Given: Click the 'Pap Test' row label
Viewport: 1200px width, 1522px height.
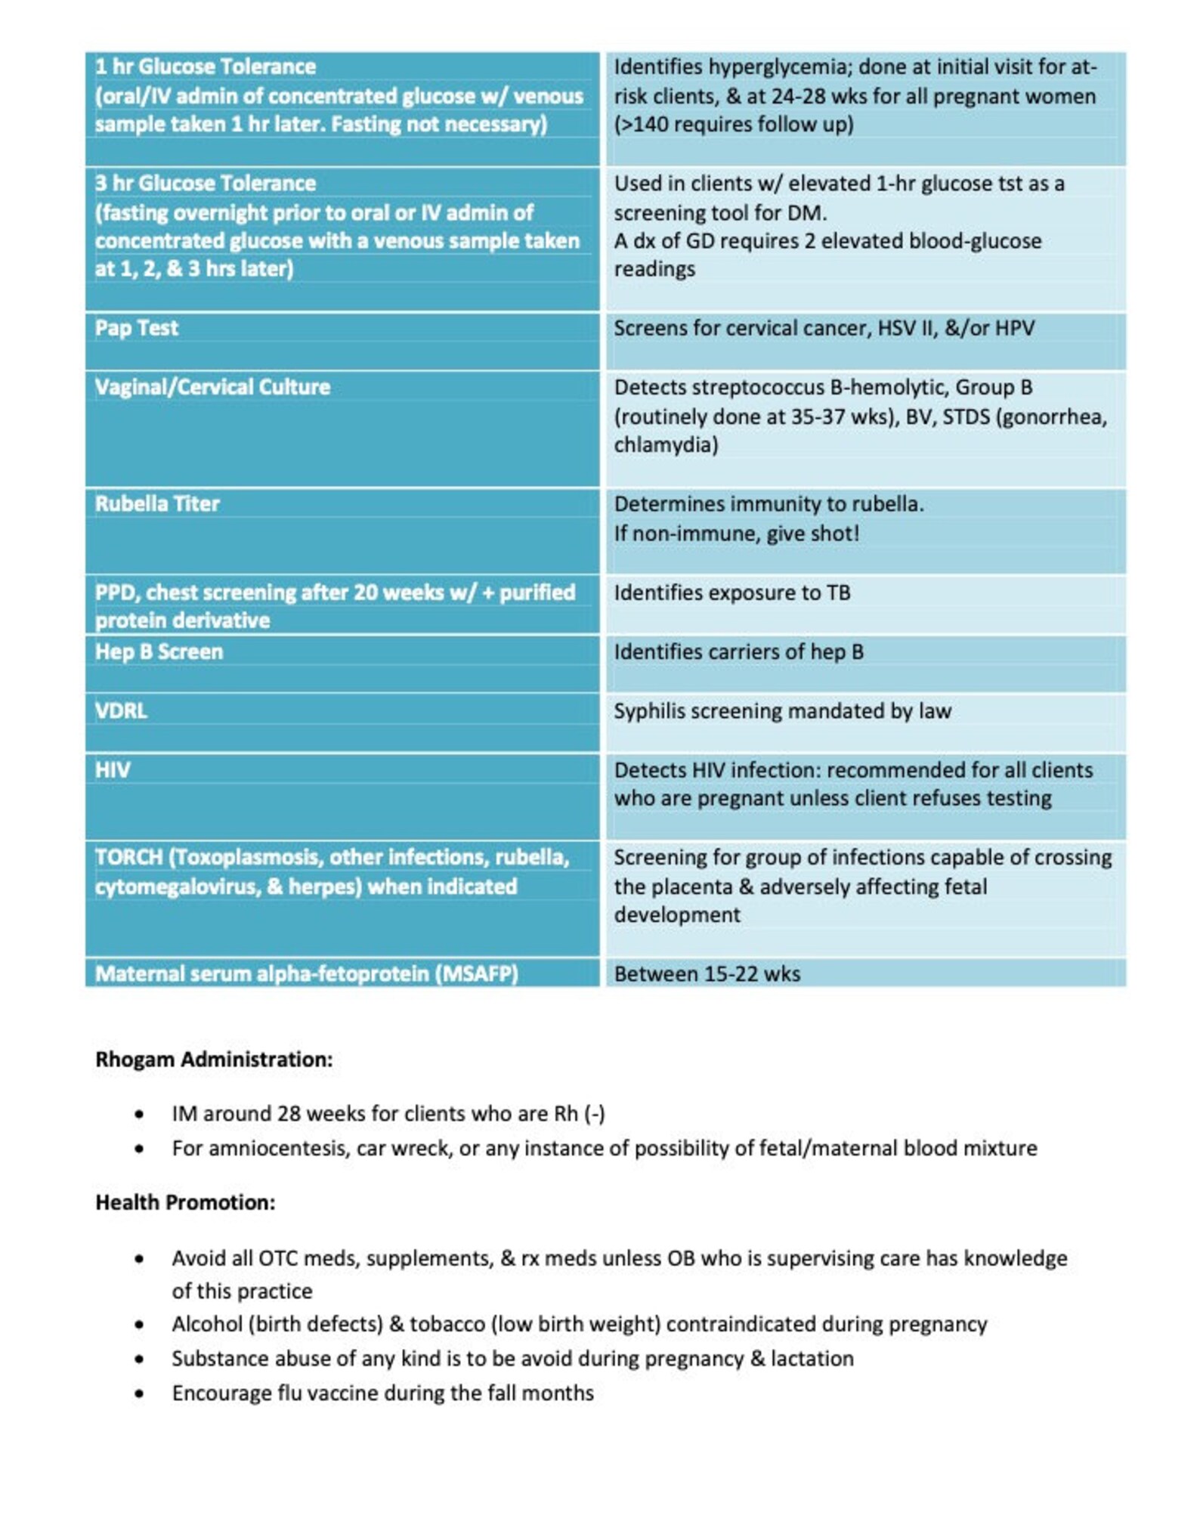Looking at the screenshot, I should click(x=137, y=328).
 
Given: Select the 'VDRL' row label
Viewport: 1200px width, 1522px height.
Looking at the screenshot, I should click(x=121, y=710).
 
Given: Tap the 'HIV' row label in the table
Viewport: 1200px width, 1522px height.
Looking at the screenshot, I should click(x=113, y=769).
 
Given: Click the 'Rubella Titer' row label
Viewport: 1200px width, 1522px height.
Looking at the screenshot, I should click(x=157, y=503).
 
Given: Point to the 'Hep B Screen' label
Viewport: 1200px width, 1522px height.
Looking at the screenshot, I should click(x=159, y=651).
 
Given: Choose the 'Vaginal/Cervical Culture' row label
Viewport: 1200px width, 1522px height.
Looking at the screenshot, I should click(x=212, y=387).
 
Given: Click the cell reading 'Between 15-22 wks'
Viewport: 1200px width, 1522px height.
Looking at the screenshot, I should click(x=707, y=973).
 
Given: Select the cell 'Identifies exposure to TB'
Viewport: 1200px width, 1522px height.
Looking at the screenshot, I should click(x=731, y=592).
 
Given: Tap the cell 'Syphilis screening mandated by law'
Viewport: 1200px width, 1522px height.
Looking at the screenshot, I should click(x=782, y=710).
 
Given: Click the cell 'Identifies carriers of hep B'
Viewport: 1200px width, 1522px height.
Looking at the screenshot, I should click(x=738, y=651).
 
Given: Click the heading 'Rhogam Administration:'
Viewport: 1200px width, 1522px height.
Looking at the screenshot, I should click(x=214, y=1059).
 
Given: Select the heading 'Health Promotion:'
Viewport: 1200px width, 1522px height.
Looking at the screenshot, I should click(x=185, y=1202).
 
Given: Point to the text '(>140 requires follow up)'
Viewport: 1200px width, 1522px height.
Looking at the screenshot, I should click(x=733, y=124).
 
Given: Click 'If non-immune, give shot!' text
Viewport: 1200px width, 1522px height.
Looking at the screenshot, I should click(x=736, y=534).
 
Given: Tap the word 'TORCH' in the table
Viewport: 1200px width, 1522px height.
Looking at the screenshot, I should click(x=129, y=857).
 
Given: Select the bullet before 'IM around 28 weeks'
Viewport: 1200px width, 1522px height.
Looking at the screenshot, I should click(x=139, y=1114).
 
